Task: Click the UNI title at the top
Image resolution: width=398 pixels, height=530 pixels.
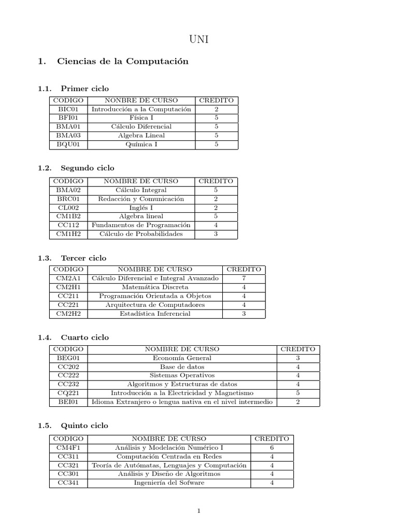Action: click(x=198, y=39)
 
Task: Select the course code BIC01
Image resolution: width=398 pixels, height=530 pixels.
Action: click(x=68, y=109)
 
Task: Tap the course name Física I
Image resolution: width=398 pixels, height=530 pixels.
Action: click(x=141, y=118)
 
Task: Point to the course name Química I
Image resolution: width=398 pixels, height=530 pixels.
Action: click(x=141, y=144)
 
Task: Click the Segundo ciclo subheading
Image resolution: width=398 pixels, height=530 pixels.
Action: click(x=88, y=168)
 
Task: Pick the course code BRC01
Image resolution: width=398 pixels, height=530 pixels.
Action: click(x=68, y=199)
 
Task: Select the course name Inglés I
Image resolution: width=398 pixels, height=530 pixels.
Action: click(x=141, y=208)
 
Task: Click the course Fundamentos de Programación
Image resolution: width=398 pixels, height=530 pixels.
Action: click(x=141, y=225)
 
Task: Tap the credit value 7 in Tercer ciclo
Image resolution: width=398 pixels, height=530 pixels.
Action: click(x=244, y=278)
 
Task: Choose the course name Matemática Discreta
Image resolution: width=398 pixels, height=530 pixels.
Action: click(x=155, y=287)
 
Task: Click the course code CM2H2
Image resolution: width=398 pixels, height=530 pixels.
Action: click(x=68, y=314)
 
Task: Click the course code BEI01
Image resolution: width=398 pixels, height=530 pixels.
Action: click(x=68, y=402)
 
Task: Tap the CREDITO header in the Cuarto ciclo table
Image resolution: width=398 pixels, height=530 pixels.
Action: click(x=297, y=349)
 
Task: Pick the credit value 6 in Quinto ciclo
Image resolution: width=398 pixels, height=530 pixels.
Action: click(x=272, y=448)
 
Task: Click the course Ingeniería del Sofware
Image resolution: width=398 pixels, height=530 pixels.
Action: click(x=169, y=483)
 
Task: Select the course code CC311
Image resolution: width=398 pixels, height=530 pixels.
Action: click(x=68, y=457)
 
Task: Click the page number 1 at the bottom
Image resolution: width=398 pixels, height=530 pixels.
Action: click(x=198, y=511)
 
